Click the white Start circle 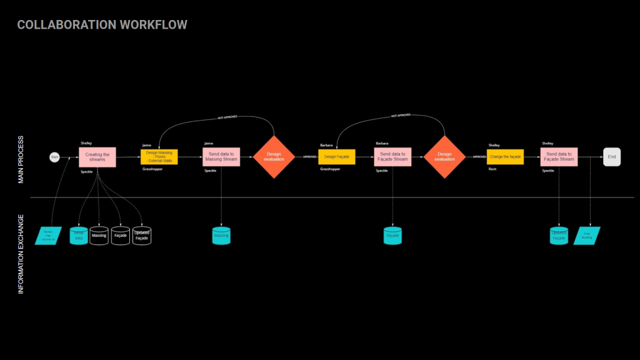pyautogui.click(x=54, y=157)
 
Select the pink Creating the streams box pyautogui.click(x=97, y=157)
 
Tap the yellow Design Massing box pyautogui.click(x=159, y=157)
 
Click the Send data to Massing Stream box pyautogui.click(x=221, y=157)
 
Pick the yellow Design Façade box pyautogui.click(x=337, y=157)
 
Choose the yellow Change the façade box pyautogui.click(x=505, y=157)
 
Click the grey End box pyautogui.click(x=612, y=157)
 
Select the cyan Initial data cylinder pyautogui.click(x=79, y=236)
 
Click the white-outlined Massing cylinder pyautogui.click(x=99, y=236)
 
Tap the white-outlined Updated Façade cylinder pyautogui.click(x=142, y=236)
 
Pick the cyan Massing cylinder pyautogui.click(x=221, y=236)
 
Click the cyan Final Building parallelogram pyautogui.click(x=587, y=236)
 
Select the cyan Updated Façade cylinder pyautogui.click(x=559, y=236)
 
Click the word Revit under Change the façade pyautogui.click(x=492, y=169)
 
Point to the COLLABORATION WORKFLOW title pyautogui.click(x=102, y=25)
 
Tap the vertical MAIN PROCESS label pyautogui.click(x=21, y=159)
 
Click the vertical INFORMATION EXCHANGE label pyautogui.click(x=21, y=254)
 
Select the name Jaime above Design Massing pyautogui.click(x=147, y=145)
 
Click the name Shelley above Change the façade pyautogui.click(x=494, y=145)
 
